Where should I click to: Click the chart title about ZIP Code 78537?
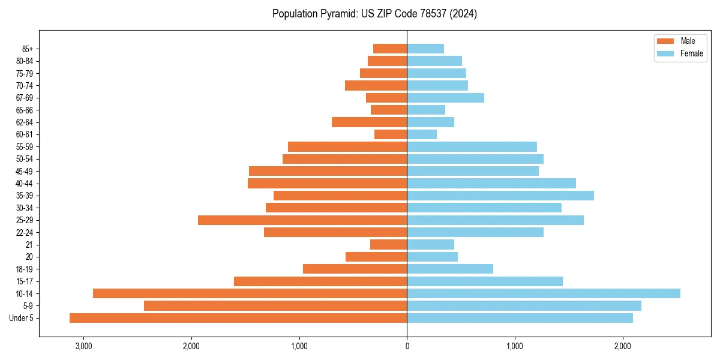374,14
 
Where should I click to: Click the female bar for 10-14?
544,293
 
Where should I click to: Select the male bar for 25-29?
302,220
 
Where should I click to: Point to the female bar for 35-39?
500,196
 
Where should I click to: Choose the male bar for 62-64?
370,122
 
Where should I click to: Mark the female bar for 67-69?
446,98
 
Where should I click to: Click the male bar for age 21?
389,245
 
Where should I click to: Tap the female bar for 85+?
425,49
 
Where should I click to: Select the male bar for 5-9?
275,306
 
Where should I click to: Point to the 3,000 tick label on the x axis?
83,346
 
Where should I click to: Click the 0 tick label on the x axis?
407,346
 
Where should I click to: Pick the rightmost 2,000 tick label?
623,346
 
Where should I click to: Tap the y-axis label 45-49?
25,172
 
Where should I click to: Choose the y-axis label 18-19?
25,269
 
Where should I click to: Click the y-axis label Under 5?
22,318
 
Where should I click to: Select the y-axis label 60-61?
25,134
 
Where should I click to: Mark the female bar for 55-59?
472,147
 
